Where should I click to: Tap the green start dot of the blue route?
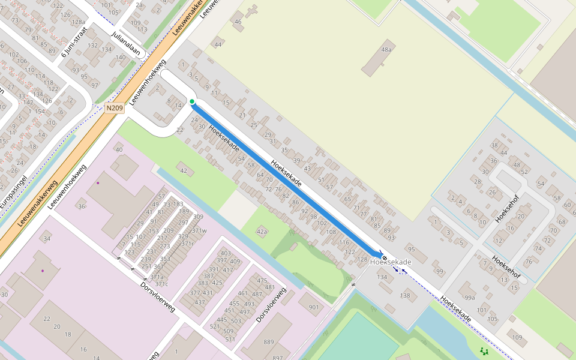click(192, 101)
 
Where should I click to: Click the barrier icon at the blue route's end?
click(385, 257)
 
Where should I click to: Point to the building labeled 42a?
click(262, 231)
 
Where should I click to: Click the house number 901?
click(314, 307)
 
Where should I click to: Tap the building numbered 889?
click(268, 342)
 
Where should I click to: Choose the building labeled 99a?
click(469, 298)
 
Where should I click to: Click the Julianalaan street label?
click(126, 44)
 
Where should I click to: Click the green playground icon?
click(484, 351)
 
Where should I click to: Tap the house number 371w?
click(199, 230)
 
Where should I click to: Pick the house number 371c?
click(162, 284)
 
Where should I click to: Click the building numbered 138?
click(406, 296)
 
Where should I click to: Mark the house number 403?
click(226, 253)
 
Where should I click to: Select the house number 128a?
click(79, 22)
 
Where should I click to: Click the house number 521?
click(215, 326)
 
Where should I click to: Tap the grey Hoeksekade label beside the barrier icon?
click(391, 262)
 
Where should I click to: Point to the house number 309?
click(198, 217)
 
